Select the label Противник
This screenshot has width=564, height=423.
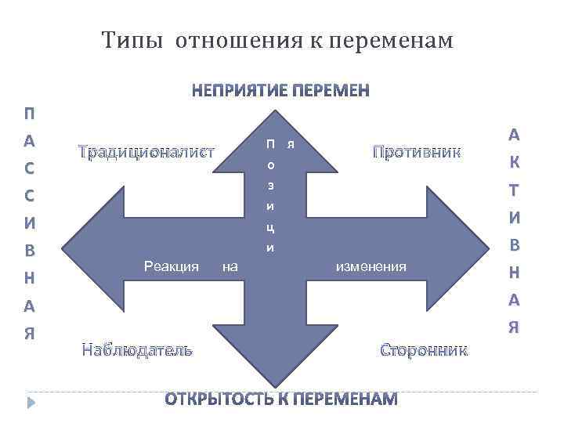tap(416, 151)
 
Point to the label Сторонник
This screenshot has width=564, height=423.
tap(423, 349)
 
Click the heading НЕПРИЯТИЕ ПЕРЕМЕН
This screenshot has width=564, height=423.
tap(281, 91)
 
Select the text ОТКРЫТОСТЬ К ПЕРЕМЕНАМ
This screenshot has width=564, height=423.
tap(281, 399)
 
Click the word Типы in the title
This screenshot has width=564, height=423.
tap(132, 40)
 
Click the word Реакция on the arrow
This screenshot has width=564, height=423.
tap(172, 267)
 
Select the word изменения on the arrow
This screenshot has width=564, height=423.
tap(371, 267)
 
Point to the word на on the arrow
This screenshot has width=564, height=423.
tap(230, 267)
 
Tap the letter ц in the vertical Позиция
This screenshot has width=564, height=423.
tap(269, 229)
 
